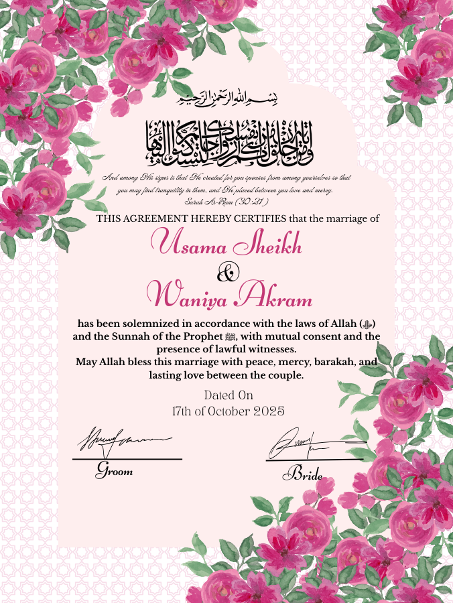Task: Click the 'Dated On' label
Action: [228, 395]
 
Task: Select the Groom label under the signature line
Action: [114, 470]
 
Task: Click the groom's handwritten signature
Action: [124, 440]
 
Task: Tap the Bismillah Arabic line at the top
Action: [227, 100]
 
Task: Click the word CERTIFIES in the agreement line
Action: [259, 218]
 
